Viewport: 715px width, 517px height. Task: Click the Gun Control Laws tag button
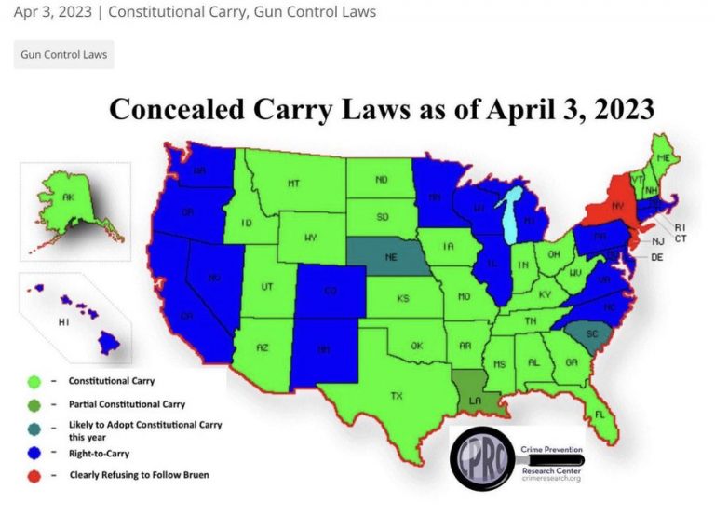(x=64, y=54)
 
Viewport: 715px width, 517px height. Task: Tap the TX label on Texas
(x=397, y=395)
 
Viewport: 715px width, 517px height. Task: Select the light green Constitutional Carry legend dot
(x=34, y=381)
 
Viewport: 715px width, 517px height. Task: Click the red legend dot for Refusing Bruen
(x=34, y=475)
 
